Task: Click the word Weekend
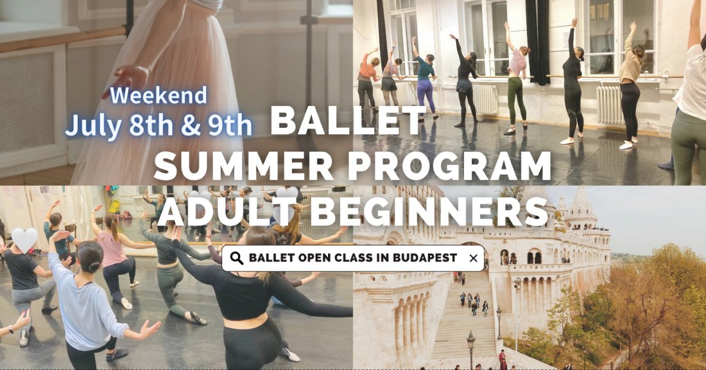[x=159, y=96]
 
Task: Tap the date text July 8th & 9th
[x=159, y=125]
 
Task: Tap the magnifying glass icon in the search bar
[x=236, y=258]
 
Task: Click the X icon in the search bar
[x=474, y=258]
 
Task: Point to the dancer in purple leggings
[x=424, y=84]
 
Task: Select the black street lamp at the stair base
[x=470, y=347]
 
